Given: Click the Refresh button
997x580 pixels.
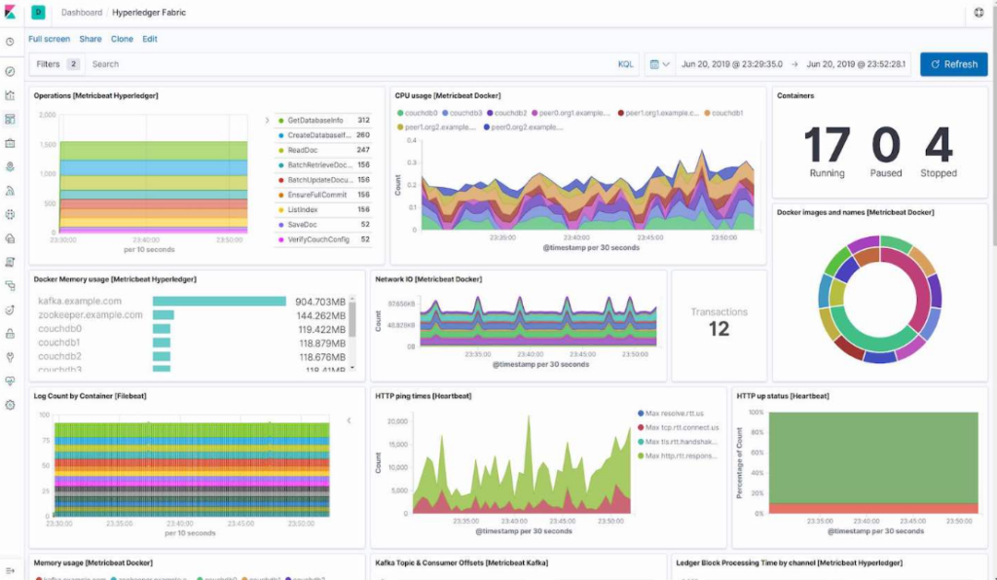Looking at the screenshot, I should (953, 64).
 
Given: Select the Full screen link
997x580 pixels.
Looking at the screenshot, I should (49, 39).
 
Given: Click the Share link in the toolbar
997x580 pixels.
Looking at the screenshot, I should (91, 39).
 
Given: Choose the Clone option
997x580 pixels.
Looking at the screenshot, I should (122, 39).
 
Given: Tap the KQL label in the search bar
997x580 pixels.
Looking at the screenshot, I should (625, 64).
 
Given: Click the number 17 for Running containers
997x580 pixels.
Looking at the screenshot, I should (827, 146).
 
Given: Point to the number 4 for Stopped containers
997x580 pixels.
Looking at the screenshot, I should (939, 146).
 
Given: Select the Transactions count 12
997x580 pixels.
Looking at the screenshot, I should (719, 330).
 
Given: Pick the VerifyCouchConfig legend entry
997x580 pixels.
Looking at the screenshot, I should (318, 239).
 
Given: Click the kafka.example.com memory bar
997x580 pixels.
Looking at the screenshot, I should (219, 302).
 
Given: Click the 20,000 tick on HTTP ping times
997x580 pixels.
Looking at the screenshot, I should (397, 421).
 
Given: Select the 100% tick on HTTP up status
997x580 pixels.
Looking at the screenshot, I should (755, 413).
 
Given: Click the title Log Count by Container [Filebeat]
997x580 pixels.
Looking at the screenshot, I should (91, 396).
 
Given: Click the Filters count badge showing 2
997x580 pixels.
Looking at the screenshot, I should (74, 64).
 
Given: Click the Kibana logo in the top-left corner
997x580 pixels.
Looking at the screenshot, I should (10, 13).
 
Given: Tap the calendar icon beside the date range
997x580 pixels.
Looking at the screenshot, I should (653, 64).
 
